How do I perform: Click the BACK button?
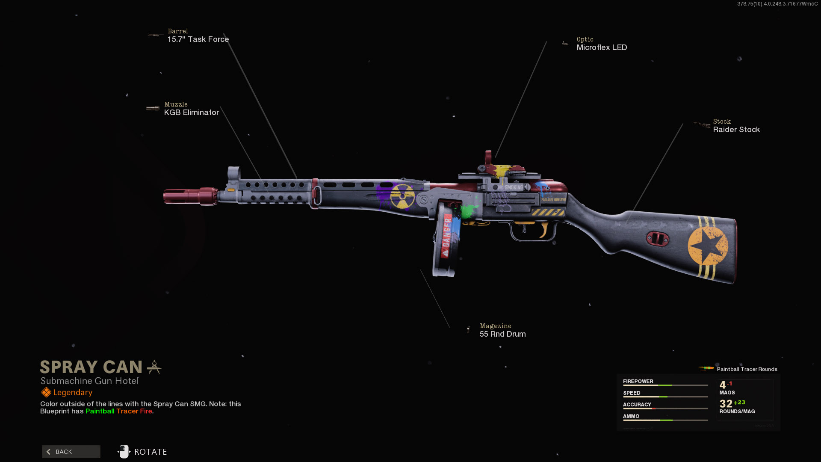71,452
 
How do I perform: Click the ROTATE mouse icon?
124,452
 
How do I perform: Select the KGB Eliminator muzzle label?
191,113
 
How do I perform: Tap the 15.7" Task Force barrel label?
198,39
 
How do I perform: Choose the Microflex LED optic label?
602,47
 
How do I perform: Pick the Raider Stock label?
736,130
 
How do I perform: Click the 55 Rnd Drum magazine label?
502,334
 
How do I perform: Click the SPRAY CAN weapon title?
91,367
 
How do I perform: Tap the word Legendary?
73,393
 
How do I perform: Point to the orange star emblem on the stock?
708,246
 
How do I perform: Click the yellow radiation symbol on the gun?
402,196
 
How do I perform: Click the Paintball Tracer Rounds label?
747,369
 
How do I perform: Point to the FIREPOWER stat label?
638,382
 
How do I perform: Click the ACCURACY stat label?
637,405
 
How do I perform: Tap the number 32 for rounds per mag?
726,404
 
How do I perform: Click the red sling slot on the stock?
658,239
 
